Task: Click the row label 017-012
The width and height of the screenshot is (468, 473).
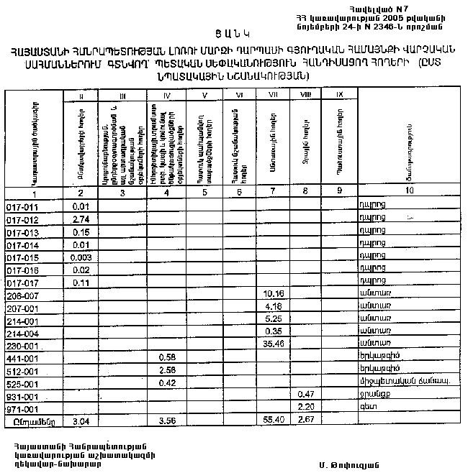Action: pos(22,219)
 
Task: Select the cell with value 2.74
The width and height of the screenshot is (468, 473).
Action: pos(81,219)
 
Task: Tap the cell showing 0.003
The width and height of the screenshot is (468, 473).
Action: pos(81,257)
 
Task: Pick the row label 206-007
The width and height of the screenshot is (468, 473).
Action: pos(22,295)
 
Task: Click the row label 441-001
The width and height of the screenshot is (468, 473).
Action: pos(22,357)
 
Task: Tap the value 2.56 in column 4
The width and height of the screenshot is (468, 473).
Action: pos(167,369)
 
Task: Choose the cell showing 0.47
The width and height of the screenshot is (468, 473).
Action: pos(307,395)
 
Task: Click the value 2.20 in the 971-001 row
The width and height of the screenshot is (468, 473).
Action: pos(307,407)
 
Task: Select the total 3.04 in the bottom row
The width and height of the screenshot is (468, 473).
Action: pos(81,420)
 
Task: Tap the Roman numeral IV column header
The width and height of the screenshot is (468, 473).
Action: pos(166,94)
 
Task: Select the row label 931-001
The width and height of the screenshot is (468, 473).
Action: pos(22,395)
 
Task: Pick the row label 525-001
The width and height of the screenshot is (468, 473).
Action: pos(22,382)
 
